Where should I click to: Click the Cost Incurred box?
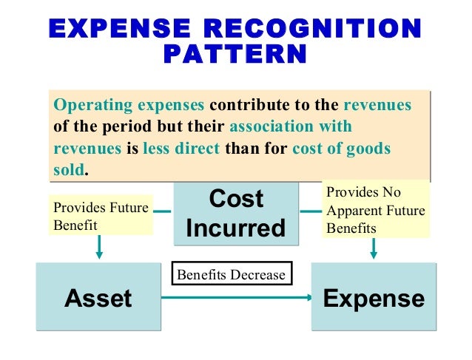(x=235, y=213)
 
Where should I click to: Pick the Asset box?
(x=98, y=298)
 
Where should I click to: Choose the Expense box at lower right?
(x=373, y=298)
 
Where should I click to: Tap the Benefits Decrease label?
(x=232, y=274)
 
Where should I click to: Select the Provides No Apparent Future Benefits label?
(x=375, y=211)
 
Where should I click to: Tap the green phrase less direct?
(x=181, y=148)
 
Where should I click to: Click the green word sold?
(x=69, y=170)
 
